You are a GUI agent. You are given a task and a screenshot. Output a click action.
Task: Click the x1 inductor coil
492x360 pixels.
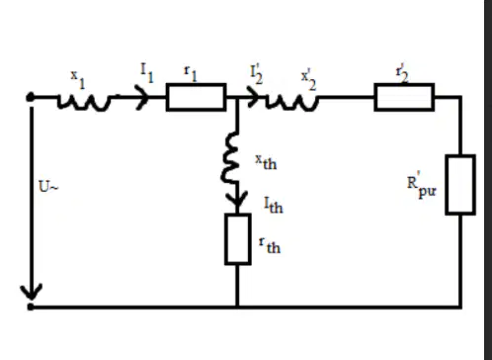point(83,102)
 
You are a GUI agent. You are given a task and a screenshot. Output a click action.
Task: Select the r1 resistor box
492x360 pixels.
point(196,97)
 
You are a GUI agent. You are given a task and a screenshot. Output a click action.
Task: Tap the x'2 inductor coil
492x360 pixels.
point(292,102)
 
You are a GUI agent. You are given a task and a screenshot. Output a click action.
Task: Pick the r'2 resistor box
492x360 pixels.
point(404,97)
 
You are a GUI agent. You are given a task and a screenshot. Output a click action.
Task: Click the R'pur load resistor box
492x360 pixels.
point(460,185)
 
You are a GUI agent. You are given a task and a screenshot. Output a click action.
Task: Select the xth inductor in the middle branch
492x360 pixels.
point(230,157)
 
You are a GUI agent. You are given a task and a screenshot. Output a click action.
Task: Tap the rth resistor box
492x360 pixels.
point(238,239)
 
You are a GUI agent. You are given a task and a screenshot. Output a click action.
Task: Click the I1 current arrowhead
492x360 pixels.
point(142,97)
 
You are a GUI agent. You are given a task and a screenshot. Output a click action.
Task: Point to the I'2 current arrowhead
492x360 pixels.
point(254,97)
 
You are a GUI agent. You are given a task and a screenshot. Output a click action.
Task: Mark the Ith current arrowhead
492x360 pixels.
point(237,201)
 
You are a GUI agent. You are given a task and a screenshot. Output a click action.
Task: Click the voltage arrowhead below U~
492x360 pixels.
point(32,292)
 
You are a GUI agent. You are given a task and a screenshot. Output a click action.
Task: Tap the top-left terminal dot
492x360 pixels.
point(31,97)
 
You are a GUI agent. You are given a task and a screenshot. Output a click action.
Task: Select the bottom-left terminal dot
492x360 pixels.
point(31,307)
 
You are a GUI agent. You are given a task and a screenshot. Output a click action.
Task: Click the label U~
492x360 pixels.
point(48,187)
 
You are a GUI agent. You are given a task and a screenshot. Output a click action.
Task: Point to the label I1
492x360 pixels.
point(147,73)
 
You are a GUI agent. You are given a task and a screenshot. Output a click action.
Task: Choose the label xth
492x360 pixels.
point(266,162)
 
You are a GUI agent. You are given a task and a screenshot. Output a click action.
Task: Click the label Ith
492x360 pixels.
point(274,205)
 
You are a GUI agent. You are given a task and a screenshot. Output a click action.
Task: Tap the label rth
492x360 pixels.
point(270,246)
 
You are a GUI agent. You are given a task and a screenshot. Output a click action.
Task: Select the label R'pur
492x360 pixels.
point(422,185)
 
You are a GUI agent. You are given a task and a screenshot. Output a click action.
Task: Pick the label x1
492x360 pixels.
point(78,79)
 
